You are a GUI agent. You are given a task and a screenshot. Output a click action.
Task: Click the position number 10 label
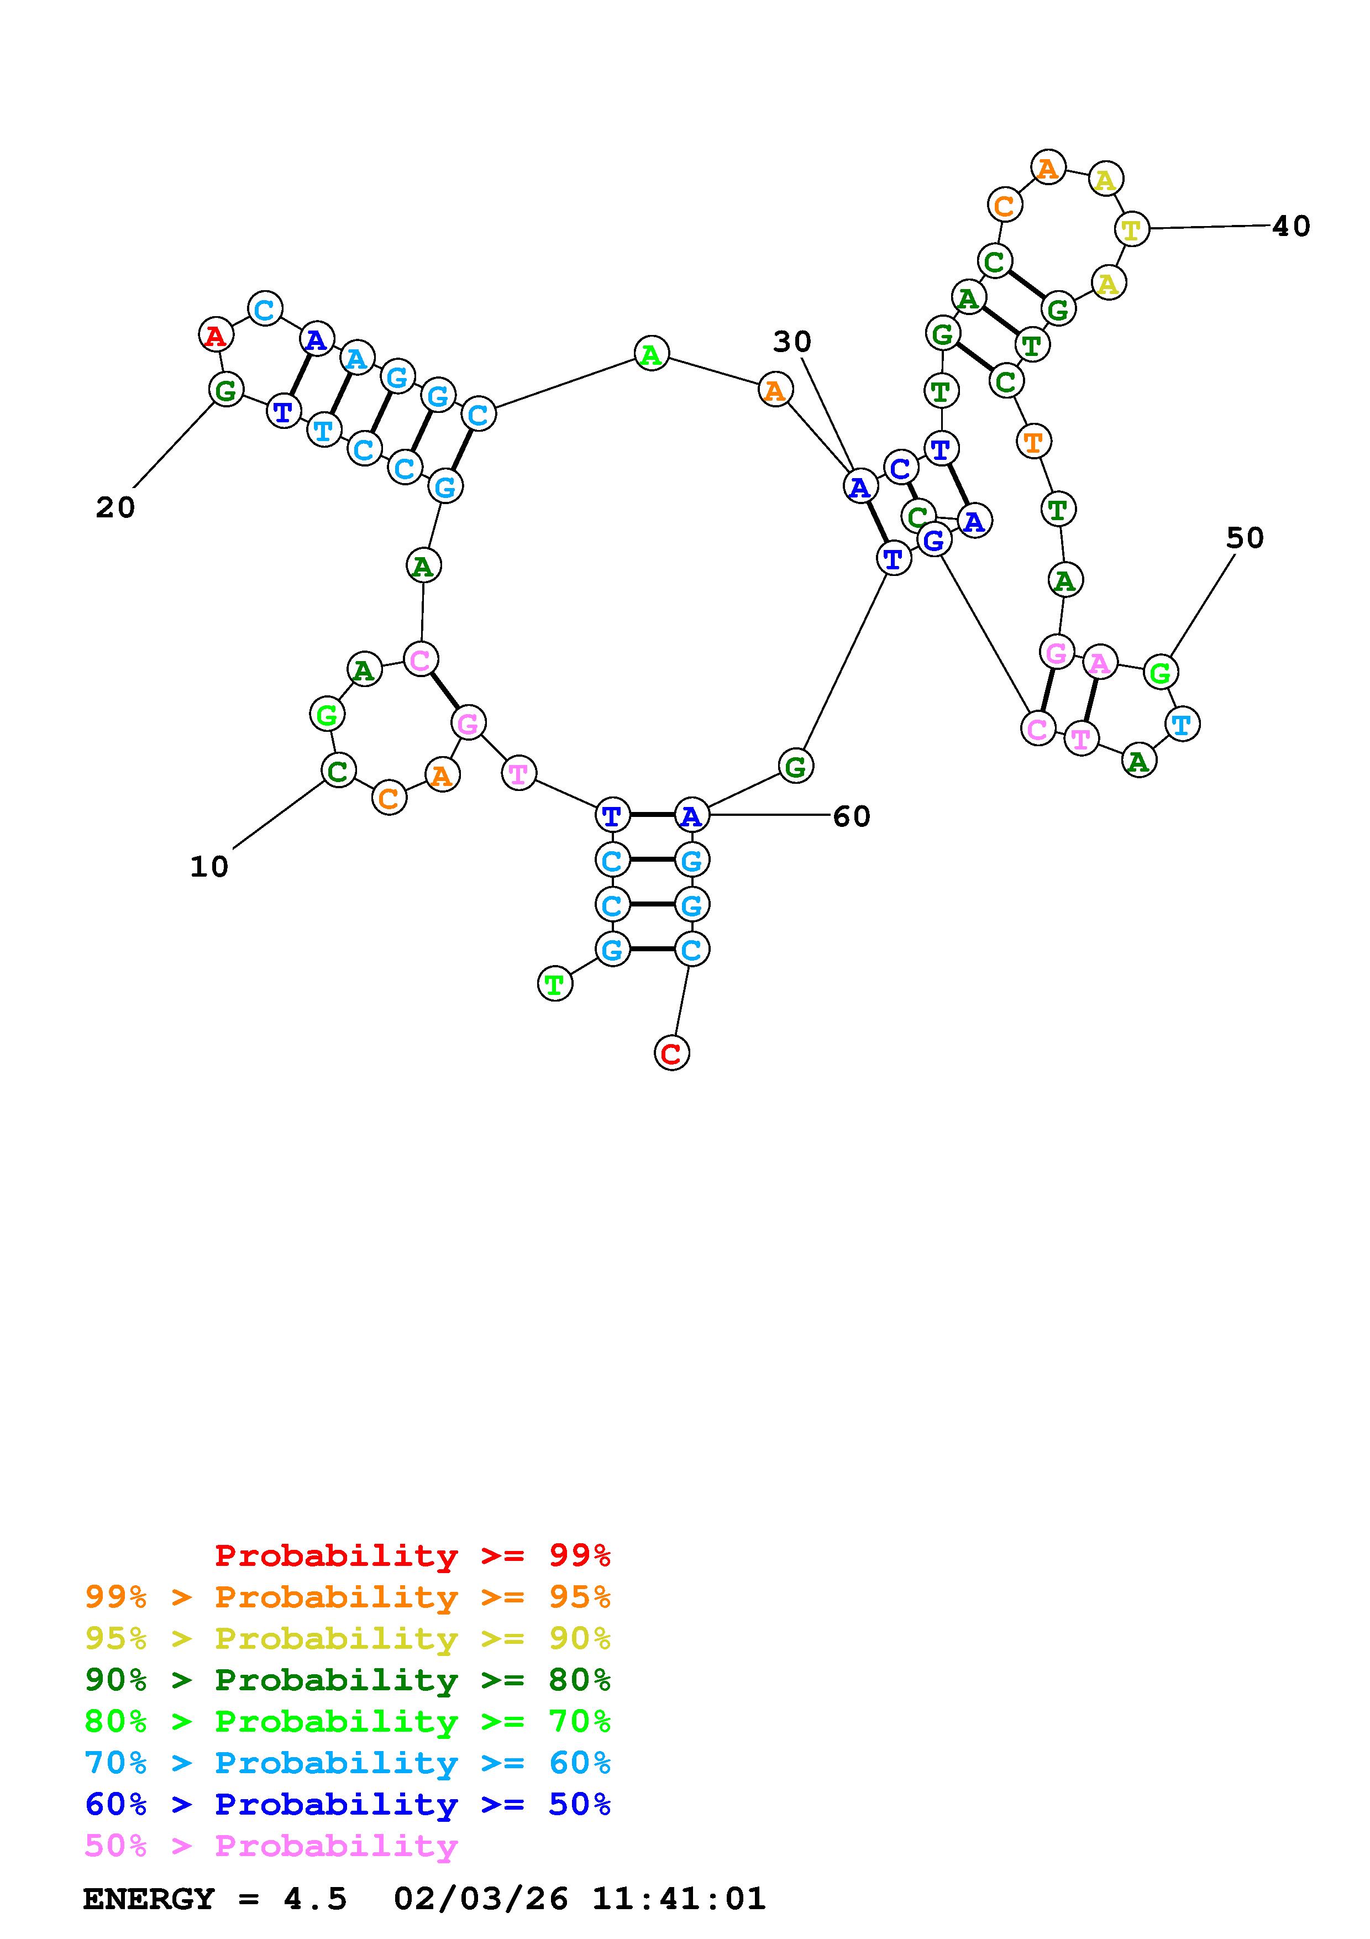[x=208, y=867]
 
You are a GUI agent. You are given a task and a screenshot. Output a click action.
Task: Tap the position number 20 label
[x=115, y=507]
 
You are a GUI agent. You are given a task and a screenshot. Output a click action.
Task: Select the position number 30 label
[x=792, y=342]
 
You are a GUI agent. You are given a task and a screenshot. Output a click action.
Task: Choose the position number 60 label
[x=851, y=816]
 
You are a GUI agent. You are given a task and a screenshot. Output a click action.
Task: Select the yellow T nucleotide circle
[x=1131, y=229]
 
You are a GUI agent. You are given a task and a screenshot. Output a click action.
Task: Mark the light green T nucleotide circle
[x=555, y=984]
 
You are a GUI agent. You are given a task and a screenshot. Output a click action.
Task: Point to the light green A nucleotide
[x=651, y=354]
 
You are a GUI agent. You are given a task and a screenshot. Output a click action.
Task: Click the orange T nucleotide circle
[x=1032, y=441]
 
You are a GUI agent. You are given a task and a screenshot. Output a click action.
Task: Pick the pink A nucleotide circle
[x=1099, y=663]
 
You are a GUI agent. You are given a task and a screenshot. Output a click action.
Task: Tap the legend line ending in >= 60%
[x=348, y=1763]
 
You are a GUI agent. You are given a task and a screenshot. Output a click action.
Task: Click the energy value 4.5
[x=315, y=1899]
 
